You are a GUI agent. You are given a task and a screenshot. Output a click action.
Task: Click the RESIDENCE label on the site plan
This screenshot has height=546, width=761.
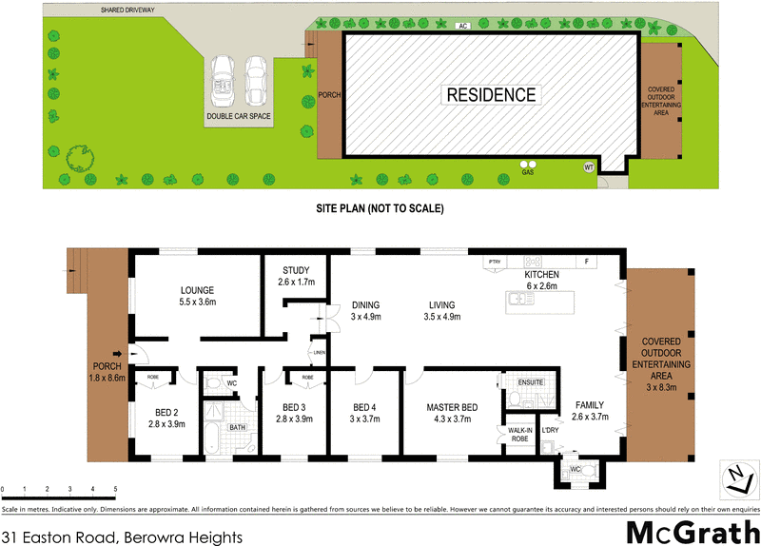[491, 95]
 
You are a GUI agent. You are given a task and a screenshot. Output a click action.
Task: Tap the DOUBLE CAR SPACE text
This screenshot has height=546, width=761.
[239, 117]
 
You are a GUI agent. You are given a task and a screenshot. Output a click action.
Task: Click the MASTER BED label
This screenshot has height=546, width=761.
[454, 406]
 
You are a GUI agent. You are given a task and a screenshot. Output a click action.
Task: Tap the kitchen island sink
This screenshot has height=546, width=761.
[517, 301]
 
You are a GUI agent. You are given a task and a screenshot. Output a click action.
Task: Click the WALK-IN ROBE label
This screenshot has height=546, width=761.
[519, 433]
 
